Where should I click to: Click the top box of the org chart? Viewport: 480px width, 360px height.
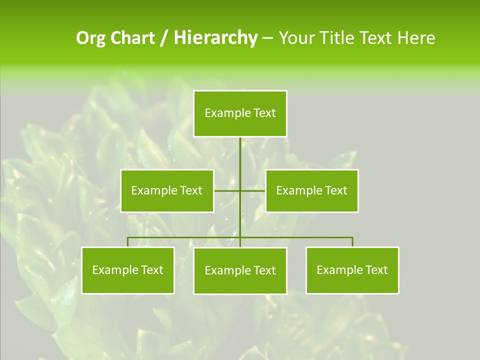tap(240, 113)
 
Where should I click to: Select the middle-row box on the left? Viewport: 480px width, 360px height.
tap(167, 190)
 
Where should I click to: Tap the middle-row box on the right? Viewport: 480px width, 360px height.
tap(312, 190)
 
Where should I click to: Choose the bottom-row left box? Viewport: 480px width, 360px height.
tap(128, 270)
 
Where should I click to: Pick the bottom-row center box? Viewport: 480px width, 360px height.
tap(240, 270)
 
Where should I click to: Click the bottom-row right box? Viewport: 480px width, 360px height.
tap(352, 270)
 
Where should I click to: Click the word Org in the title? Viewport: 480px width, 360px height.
tap(91, 38)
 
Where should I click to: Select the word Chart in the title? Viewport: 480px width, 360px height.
tap(132, 38)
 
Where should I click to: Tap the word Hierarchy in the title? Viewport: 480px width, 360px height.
tap(215, 38)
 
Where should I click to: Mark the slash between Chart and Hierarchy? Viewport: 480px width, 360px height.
tap(164, 38)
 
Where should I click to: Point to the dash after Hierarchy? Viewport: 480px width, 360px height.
tap(267, 38)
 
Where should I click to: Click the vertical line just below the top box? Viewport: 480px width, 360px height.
tap(240, 150)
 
